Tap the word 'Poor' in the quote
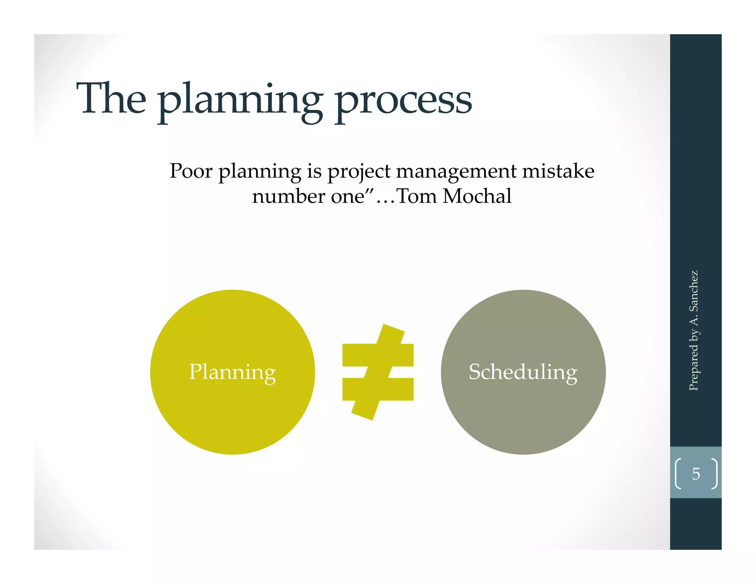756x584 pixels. pyautogui.click(x=191, y=171)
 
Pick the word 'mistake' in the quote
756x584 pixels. pyautogui.click(x=558, y=171)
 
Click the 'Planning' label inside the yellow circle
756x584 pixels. pyautogui.click(x=232, y=372)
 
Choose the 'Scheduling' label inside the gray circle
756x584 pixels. pyautogui.click(x=523, y=372)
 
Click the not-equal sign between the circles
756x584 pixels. pyautogui.click(x=378, y=372)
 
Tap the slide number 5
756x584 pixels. pyautogui.click(x=696, y=474)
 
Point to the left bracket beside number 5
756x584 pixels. pyautogui.click(x=678, y=474)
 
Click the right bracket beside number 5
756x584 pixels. pyautogui.click(x=715, y=474)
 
